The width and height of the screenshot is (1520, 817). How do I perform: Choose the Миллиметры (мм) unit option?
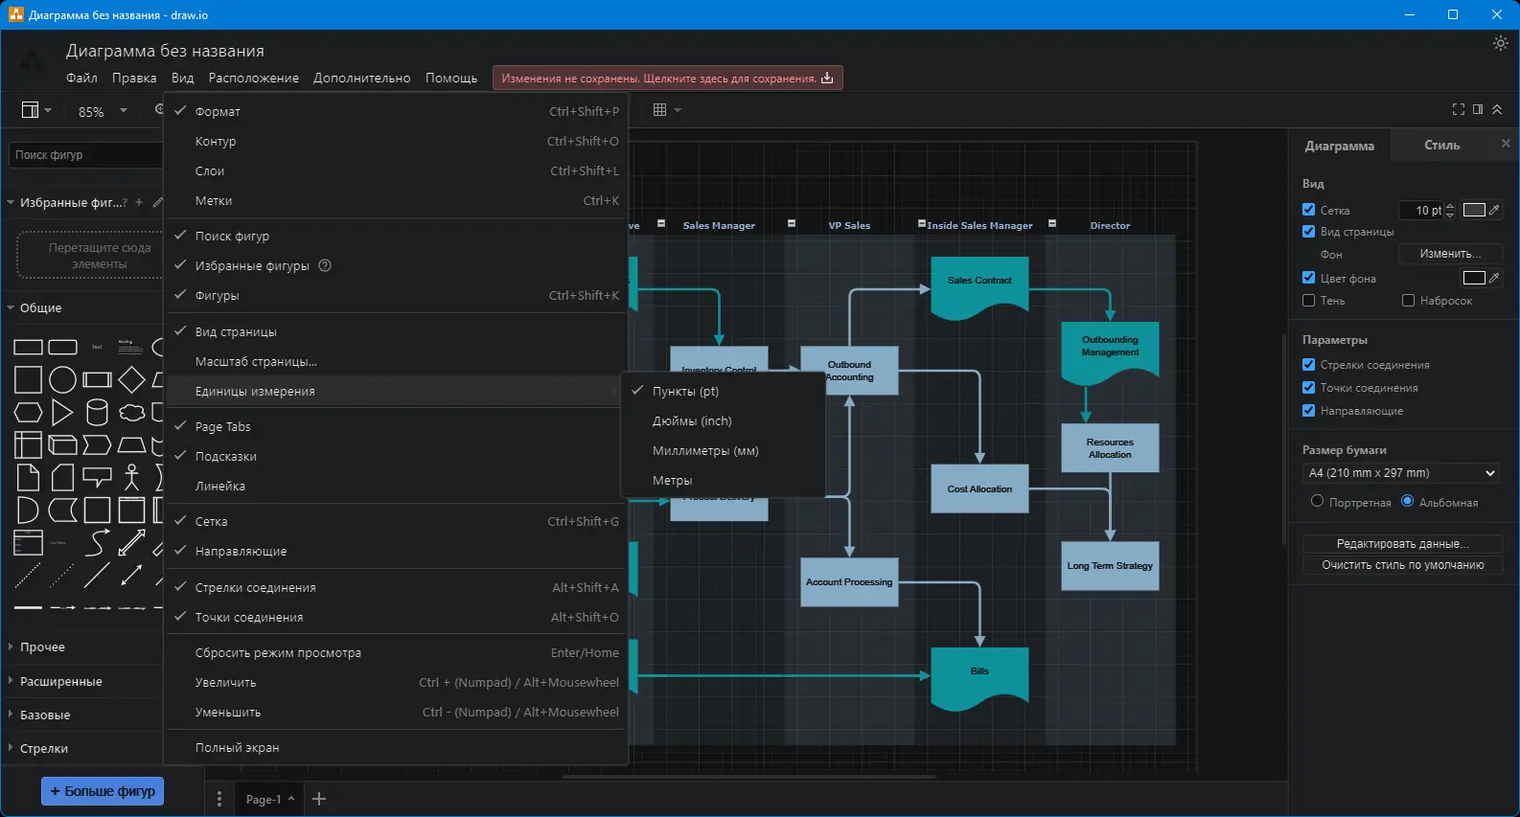pyautogui.click(x=705, y=451)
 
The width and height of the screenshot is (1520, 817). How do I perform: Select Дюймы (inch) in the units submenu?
pyautogui.click(x=692, y=421)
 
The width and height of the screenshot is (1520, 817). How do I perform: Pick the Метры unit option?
pyautogui.click(x=672, y=481)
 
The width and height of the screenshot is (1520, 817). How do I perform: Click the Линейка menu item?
pyautogui.click(x=220, y=487)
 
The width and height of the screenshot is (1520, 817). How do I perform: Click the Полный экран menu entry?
pyautogui.click(x=238, y=748)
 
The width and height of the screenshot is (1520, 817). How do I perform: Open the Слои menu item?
pyautogui.click(x=210, y=171)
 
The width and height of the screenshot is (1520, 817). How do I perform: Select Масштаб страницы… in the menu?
pyautogui.click(x=256, y=362)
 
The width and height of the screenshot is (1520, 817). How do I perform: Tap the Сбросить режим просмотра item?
pyautogui.click(x=278, y=653)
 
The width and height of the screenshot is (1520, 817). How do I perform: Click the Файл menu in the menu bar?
pyautogui.click(x=81, y=79)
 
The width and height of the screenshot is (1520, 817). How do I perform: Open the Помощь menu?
pyautogui.click(x=451, y=79)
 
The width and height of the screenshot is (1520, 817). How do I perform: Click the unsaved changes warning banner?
pyautogui.click(x=667, y=79)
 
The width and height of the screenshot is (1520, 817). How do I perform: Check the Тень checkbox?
pyautogui.click(x=1309, y=301)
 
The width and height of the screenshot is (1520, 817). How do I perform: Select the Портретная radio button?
pyautogui.click(x=1317, y=502)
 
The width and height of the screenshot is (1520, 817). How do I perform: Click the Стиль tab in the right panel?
pyautogui.click(x=1441, y=146)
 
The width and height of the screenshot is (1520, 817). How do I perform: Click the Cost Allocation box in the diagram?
pyautogui.click(x=979, y=489)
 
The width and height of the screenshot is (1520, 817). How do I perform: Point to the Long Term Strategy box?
pyautogui.click(x=1110, y=566)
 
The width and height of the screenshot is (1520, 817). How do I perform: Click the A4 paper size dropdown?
pyautogui.click(x=1400, y=473)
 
